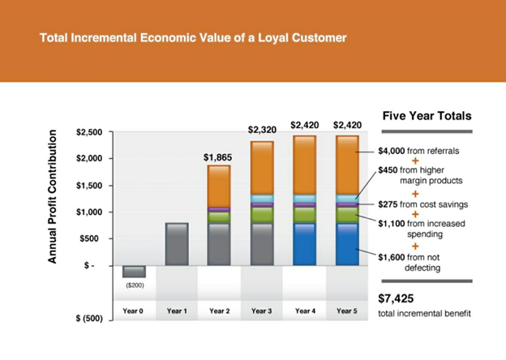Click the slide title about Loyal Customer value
pos(193,38)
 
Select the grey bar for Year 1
pos(177,244)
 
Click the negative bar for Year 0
pos(135,272)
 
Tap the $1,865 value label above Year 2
pos(219,156)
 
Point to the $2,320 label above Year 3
pos(262,130)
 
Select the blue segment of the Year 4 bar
pos(304,244)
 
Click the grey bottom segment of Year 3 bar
pos(262,244)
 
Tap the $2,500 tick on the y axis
pos(88,132)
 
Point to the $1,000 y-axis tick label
pos(88,212)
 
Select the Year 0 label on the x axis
pos(135,311)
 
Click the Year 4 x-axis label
pos(304,311)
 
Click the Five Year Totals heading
pos(426,116)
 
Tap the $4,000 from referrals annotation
pos(420,151)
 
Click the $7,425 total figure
pos(396,298)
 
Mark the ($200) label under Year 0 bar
pos(134,285)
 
